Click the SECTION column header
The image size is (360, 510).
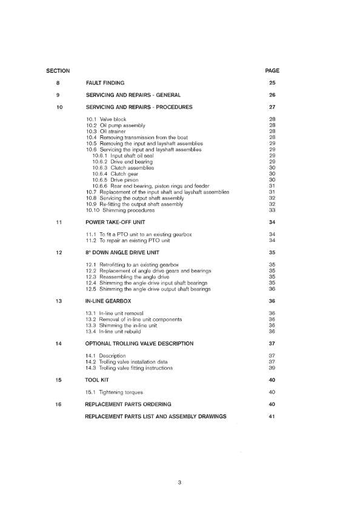click(58, 71)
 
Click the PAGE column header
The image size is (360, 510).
click(272, 71)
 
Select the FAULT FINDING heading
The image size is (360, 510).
click(105, 82)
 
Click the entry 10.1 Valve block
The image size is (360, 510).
click(108, 119)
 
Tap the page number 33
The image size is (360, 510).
click(272, 210)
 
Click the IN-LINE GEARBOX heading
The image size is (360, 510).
click(108, 301)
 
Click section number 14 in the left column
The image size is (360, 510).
click(58, 343)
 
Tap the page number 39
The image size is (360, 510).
click(272, 368)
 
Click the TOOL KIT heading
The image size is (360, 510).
click(99, 380)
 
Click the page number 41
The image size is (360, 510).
click(272, 416)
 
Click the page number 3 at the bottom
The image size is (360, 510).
click(180, 483)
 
